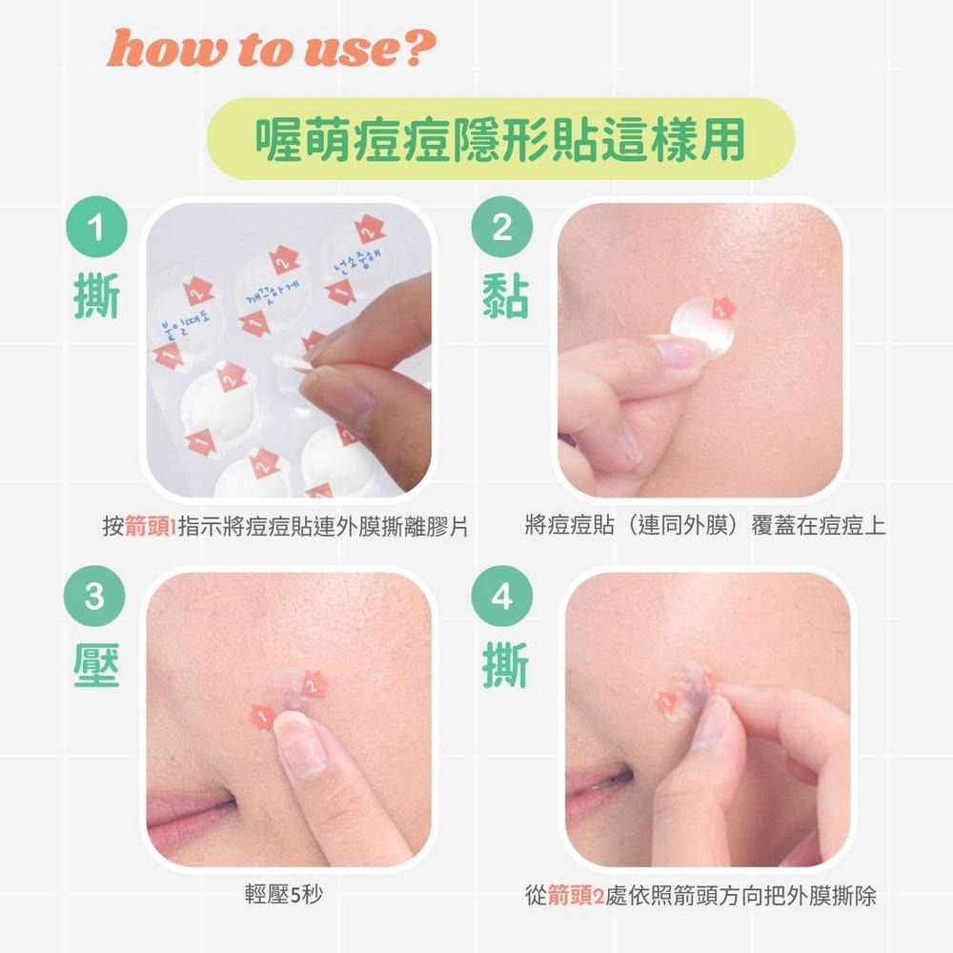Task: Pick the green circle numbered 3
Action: click(x=95, y=598)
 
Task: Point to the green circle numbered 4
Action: click(x=501, y=598)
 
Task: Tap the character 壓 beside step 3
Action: click(x=96, y=666)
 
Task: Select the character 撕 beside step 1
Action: click(x=96, y=298)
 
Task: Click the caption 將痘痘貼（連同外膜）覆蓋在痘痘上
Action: click(x=705, y=526)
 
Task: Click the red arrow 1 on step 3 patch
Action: click(x=262, y=717)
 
